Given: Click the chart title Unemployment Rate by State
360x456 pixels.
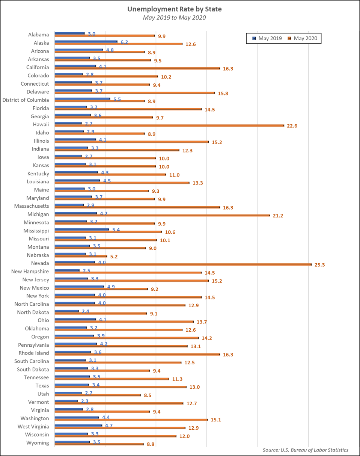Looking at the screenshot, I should pyautogui.click(x=180, y=9).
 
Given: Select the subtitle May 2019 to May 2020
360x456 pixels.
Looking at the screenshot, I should pyautogui.click(x=180, y=17).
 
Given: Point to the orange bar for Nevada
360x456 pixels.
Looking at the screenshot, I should pyautogui.click(x=183, y=264).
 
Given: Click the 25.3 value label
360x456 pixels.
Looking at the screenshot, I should pyautogui.click(x=319, y=265).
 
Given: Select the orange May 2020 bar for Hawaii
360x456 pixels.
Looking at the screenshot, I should pyautogui.click(x=169, y=125).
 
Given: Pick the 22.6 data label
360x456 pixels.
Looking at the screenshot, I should pyautogui.click(x=292, y=126).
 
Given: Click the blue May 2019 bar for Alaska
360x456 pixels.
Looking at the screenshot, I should pyautogui.click(x=86, y=41).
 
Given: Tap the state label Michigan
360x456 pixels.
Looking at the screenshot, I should pyautogui.click(x=39, y=214).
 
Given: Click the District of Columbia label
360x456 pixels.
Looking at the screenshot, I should pyautogui.click(x=26, y=100).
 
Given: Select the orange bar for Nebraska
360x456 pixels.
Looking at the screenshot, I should pyautogui.click(x=81, y=256).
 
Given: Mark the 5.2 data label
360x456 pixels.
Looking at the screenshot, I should pyautogui.click(x=114, y=257).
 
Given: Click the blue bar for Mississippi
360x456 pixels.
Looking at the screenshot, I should pyautogui.click(x=82, y=229).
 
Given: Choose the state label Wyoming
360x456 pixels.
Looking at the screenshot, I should pyautogui.click(x=38, y=442).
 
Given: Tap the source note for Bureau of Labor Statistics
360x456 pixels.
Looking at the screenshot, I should pyautogui.click(x=305, y=450).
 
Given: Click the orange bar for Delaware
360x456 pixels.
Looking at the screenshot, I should pyautogui.click(x=135, y=93).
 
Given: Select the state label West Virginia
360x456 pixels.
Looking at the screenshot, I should pyautogui.click(x=33, y=426).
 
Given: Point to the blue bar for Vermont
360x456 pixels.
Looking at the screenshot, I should pyautogui.click(x=66, y=401).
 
